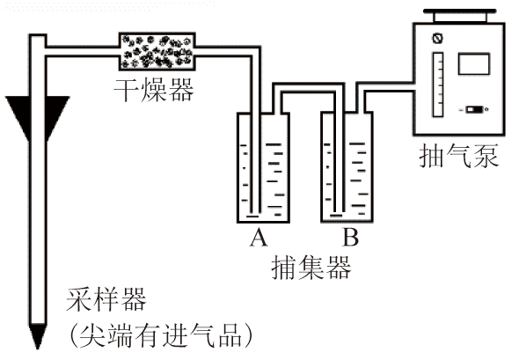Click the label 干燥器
click(x=154, y=90)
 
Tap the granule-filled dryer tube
click(x=157, y=51)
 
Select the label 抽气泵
click(x=458, y=156)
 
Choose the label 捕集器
click(x=311, y=268)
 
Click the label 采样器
click(x=106, y=299)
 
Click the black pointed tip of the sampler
click(x=38, y=336)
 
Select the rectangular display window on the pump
click(x=474, y=63)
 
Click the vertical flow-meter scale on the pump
click(x=438, y=84)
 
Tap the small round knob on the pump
click(x=437, y=38)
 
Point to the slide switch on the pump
click(x=474, y=109)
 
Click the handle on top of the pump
click(x=459, y=16)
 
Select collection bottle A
click(x=263, y=167)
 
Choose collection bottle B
click(x=347, y=167)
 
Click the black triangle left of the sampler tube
click(x=18, y=114)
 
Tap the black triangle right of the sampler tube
click(x=57, y=114)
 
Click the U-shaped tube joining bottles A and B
click(x=309, y=87)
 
